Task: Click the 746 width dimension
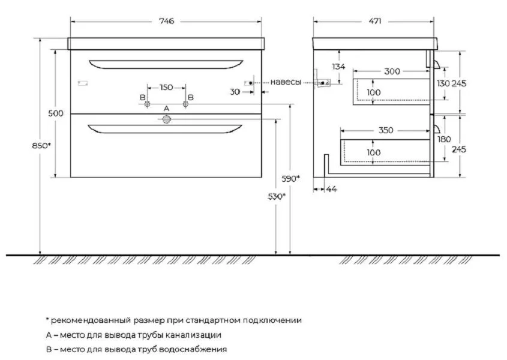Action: point(167,22)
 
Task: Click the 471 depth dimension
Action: point(375,22)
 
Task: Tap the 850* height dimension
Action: point(41,146)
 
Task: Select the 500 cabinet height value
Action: point(56,113)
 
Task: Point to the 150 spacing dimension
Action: point(166,88)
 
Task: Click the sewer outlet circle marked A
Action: point(167,119)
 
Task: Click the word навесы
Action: point(286,82)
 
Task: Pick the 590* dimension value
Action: point(290,179)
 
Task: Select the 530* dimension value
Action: point(277,196)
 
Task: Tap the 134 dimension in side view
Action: point(338,67)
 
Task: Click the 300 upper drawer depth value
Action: point(392,71)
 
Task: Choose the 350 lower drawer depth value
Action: point(386,130)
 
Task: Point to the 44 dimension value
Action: point(331,189)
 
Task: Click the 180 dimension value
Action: point(443,139)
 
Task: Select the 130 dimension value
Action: point(443,84)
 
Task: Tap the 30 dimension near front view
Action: point(235,92)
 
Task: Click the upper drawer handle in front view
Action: point(166,64)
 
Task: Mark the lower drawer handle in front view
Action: point(165,129)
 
